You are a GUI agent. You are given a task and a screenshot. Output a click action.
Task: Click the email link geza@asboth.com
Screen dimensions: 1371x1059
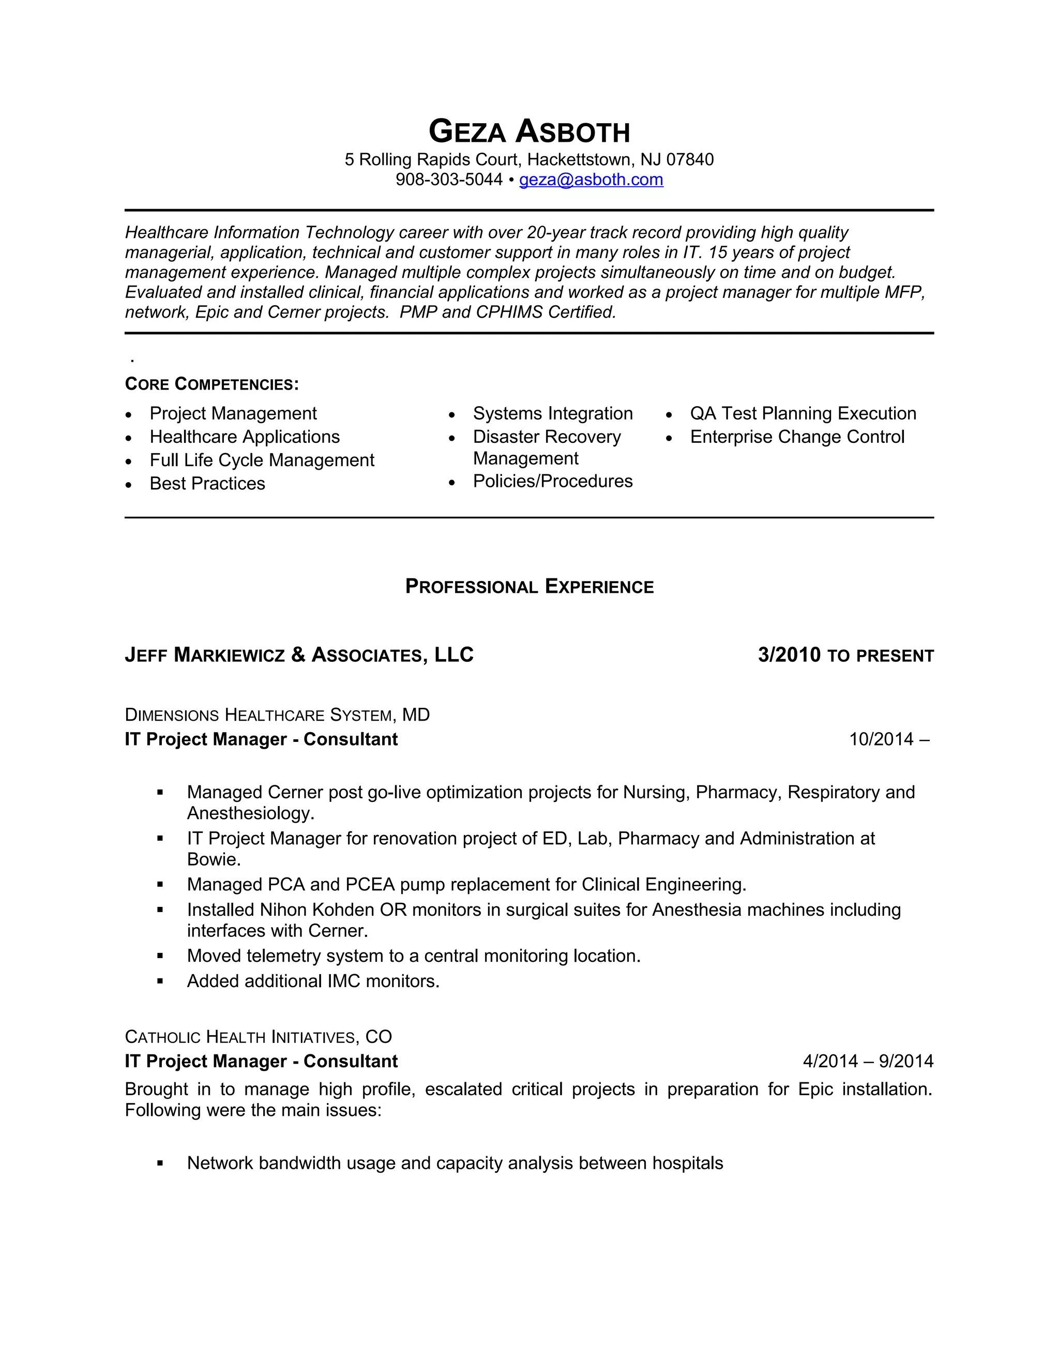click(x=591, y=180)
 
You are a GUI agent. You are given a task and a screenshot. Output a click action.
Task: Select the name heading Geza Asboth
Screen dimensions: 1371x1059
click(x=529, y=132)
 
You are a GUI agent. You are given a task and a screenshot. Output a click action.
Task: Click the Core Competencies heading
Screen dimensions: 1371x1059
click(x=211, y=384)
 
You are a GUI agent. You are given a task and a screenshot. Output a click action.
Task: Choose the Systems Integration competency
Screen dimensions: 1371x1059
click(x=552, y=414)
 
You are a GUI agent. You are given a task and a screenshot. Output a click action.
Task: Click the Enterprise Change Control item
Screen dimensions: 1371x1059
click(x=797, y=437)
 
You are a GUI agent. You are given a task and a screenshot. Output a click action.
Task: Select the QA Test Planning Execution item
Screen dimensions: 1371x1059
click(x=803, y=414)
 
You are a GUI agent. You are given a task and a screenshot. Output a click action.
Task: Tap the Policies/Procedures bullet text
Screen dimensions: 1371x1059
click(x=552, y=482)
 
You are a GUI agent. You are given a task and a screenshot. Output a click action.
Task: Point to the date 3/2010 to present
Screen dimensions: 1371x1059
click(x=845, y=655)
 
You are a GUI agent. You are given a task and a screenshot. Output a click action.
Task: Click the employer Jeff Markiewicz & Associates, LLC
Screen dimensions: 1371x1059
click(x=299, y=655)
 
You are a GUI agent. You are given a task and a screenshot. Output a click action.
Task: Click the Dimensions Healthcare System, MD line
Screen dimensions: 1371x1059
click(x=277, y=715)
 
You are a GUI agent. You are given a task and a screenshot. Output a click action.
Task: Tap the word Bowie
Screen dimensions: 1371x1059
click(x=214, y=859)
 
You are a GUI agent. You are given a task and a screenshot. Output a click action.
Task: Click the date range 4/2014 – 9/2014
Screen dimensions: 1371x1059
click(x=868, y=1062)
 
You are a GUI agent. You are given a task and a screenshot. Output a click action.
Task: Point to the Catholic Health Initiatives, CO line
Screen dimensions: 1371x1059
click(x=258, y=1037)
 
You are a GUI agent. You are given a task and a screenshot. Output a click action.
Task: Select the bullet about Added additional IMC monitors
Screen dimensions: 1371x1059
click(x=312, y=981)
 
